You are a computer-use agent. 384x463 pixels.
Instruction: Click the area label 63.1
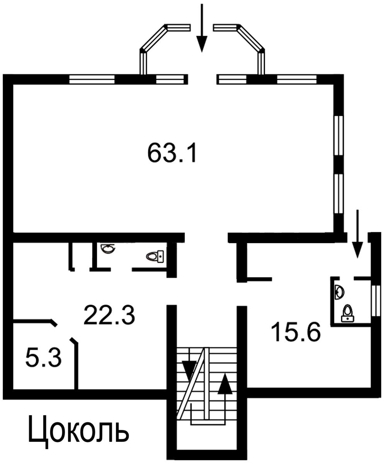172,152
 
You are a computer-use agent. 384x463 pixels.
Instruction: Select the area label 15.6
296,332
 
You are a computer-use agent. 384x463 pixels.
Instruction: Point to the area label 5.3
43,357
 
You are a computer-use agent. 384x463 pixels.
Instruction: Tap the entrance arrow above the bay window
202,28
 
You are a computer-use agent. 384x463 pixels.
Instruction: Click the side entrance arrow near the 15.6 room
357,234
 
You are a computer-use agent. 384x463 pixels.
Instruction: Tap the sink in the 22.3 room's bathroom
108,249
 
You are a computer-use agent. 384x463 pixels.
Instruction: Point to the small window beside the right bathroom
376,301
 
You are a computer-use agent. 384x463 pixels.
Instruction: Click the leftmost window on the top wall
92,79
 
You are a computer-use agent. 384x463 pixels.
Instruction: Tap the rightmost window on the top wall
297,79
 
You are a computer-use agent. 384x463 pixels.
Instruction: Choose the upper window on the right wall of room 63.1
339,135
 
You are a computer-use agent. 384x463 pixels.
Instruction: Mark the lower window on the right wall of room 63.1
339,194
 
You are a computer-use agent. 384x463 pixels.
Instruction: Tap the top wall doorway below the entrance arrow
202,79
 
